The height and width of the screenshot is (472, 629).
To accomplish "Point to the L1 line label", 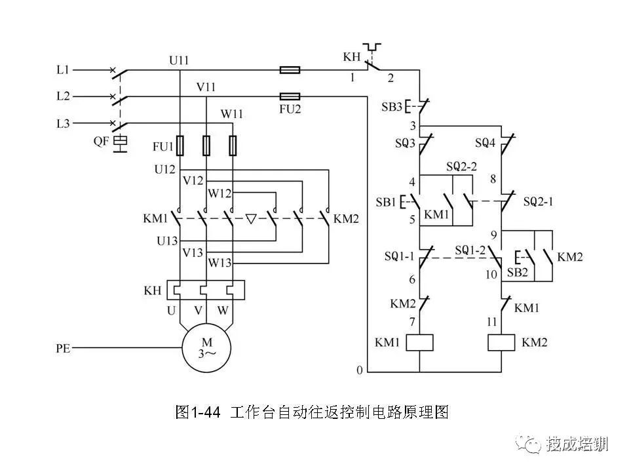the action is coord(63,70).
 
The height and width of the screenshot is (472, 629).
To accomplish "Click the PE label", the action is coord(63,348).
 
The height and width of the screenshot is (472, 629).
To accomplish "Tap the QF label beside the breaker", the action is coord(101,141).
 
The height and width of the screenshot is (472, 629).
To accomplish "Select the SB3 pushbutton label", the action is coord(392,107).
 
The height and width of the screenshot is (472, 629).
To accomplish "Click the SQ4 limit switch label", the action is coord(485,142).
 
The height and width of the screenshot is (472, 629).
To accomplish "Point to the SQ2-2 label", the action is coord(462,166).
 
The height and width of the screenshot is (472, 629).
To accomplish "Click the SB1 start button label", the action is coord(386,202).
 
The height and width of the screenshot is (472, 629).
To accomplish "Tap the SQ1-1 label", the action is coord(399,256).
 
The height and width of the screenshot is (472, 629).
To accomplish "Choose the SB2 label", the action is coord(518,273).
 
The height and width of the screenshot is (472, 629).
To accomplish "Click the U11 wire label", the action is coord(179,60).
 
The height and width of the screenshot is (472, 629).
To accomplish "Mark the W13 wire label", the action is coord(220,263).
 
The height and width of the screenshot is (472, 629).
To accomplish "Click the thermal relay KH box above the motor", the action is coord(206,290).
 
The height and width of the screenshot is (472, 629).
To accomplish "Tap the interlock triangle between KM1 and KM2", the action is coord(251,219).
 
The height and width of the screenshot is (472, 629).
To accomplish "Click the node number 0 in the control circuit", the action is coord(360,370).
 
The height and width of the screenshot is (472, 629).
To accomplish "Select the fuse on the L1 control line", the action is coord(290,70).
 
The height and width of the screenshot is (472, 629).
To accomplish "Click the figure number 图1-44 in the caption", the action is coord(198,412).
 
